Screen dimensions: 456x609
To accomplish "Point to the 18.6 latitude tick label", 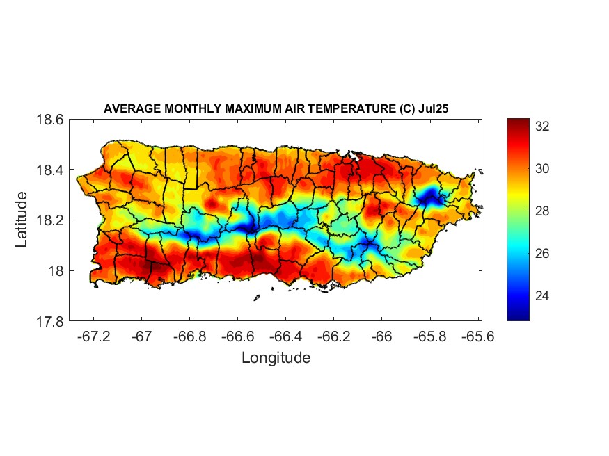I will pos(51,120).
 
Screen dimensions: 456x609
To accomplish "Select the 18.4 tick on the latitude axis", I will pos(51,170).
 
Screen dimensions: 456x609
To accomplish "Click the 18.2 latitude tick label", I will pos(51,220).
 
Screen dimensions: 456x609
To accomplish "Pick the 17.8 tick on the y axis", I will pos(51,321).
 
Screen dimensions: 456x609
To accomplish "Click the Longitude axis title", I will pos(276,358).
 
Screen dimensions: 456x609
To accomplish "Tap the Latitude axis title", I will pos(22,220).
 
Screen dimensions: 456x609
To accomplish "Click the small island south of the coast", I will pos(256,298).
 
